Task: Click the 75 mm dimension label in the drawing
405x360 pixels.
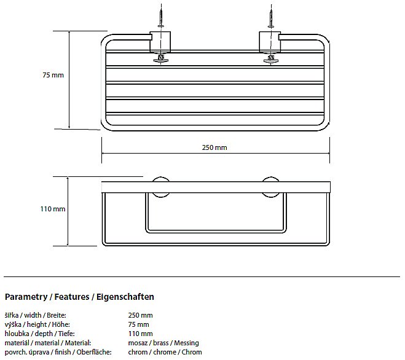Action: tap(53, 75)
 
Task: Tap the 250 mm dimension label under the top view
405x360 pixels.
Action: tap(214, 147)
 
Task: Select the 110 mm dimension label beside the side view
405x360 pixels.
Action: tap(53, 209)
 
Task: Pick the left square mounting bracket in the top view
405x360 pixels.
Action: tap(160, 42)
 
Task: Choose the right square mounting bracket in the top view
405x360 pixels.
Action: tap(270, 42)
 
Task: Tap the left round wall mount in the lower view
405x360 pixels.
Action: tap(160, 187)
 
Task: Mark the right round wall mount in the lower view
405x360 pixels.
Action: tap(270, 187)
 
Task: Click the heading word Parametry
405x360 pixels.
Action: tap(26, 297)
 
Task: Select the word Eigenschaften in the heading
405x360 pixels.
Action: tap(125, 297)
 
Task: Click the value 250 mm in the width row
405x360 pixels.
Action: tap(140, 315)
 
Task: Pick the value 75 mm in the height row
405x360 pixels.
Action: tap(138, 324)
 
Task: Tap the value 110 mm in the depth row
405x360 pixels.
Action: tap(140, 334)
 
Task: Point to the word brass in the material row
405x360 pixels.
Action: tap(160, 343)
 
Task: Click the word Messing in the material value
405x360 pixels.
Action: tap(186, 343)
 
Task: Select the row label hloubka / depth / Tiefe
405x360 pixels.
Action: tap(39, 334)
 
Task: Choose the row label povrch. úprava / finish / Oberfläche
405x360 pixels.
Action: tap(58, 352)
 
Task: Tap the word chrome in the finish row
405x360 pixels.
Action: tap(165, 352)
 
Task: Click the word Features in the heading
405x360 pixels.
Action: tap(72, 297)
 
